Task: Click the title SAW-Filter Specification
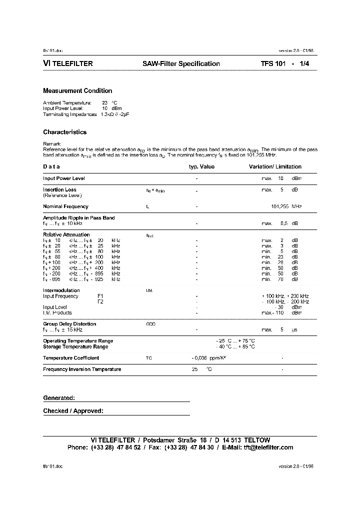pos(181,64)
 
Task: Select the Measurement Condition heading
pos(77,91)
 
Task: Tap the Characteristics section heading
pos(65,132)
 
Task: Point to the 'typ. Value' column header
pos(201,167)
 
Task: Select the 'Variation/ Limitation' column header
pos(275,167)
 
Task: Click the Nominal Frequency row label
pos(65,206)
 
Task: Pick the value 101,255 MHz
pos(286,206)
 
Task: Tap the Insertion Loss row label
pos(59,190)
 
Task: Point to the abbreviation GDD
pos(150,324)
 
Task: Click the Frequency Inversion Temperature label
pos(82,369)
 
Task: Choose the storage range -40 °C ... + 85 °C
pos(235,346)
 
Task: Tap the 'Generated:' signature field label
pos(59,398)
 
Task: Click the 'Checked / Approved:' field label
pos(73,411)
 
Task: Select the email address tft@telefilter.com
pos(268,447)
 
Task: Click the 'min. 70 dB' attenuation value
pos(279,279)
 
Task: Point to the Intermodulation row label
pos(61,290)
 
